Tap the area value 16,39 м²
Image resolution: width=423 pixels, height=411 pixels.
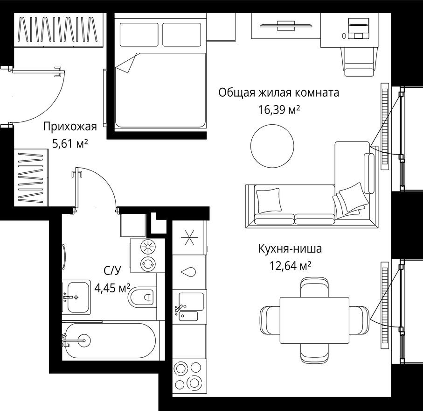[x=279, y=110]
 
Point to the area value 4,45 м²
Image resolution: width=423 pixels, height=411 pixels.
[x=112, y=287]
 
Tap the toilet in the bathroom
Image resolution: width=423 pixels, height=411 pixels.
[x=142, y=297]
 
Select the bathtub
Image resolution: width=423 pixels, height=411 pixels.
[x=111, y=340]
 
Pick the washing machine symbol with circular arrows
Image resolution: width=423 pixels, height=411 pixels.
[x=148, y=264]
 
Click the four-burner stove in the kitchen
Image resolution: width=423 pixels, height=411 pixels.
[x=188, y=377]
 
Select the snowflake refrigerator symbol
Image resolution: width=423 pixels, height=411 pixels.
[x=189, y=238]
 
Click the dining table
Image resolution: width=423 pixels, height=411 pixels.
[x=314, y=320]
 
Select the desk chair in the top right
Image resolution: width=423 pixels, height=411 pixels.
[x=359, y=60]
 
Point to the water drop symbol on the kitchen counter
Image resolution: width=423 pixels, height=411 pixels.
[x=189, y=272]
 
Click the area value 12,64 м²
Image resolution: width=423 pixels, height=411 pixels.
[x=290, y=266]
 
